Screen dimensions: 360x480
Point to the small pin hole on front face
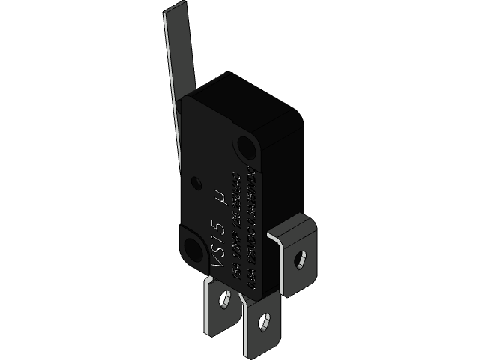(x=197, y=182)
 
